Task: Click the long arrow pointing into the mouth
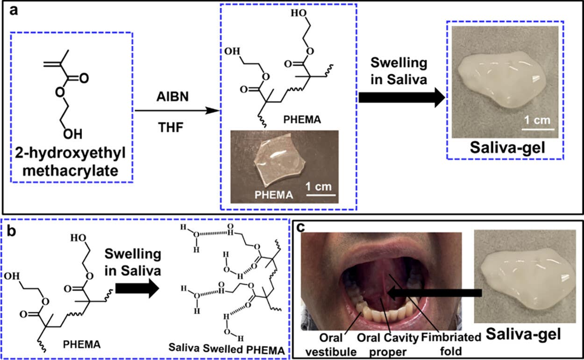tap(434, 293)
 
